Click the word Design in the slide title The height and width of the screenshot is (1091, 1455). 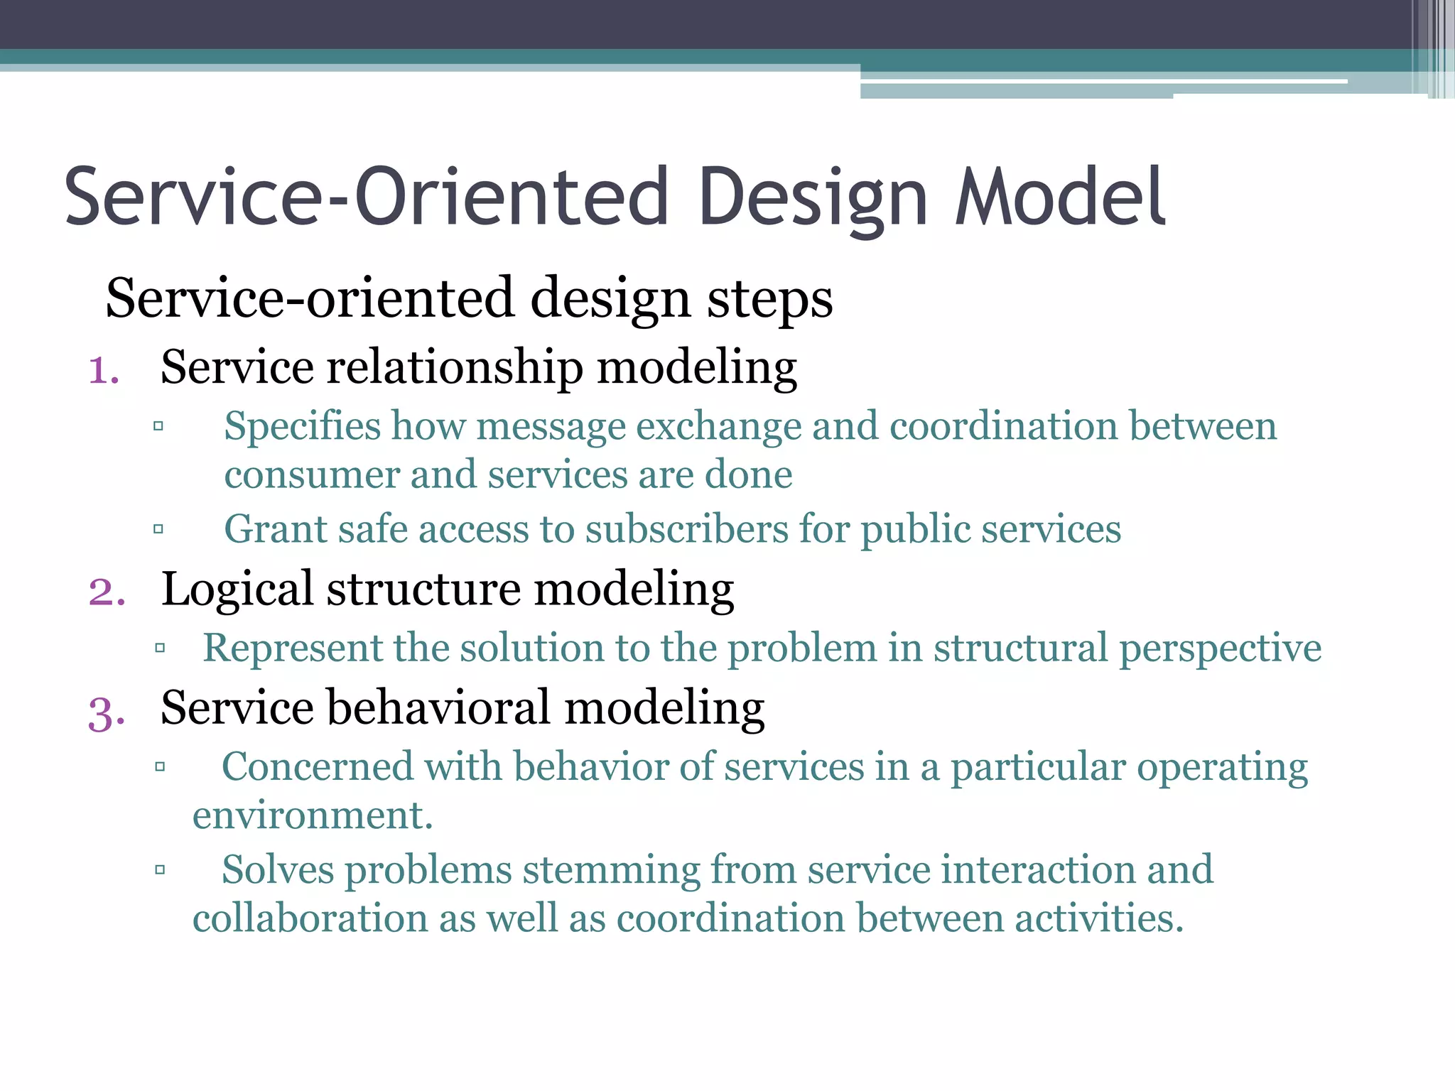(x=812, y=197)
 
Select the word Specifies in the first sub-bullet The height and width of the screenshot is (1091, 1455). (x=303, y=428)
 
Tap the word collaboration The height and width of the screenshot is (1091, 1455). (x=310, y=918)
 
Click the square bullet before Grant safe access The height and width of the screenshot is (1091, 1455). (x=158, y=528)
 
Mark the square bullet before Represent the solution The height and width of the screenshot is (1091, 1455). (x=160, y=647)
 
